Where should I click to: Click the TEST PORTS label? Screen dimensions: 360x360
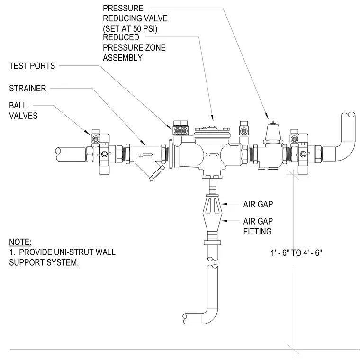tap(32, 66)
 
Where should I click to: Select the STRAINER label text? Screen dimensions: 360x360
tap(27, 89)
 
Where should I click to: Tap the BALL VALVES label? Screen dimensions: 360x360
tap(23, 110)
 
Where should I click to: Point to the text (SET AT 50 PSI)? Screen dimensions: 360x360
tap(130, 29)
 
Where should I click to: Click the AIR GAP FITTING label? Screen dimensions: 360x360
tap(258, 226)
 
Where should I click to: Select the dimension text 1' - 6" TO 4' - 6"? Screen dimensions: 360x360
tap(297, 253)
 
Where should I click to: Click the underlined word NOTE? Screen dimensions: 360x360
tap(20, 242)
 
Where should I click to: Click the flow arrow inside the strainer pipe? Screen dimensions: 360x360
tap(146, 154)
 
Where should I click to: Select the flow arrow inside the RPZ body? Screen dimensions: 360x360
tap(212, 154)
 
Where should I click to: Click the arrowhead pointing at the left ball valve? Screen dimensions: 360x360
tap(88, 133)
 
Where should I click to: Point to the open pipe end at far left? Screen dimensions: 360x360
tap(58, 153)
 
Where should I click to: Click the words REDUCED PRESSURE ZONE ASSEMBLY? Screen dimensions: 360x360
tap(134, 47)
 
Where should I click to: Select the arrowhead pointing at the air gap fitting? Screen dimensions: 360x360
tap(224, 221)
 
